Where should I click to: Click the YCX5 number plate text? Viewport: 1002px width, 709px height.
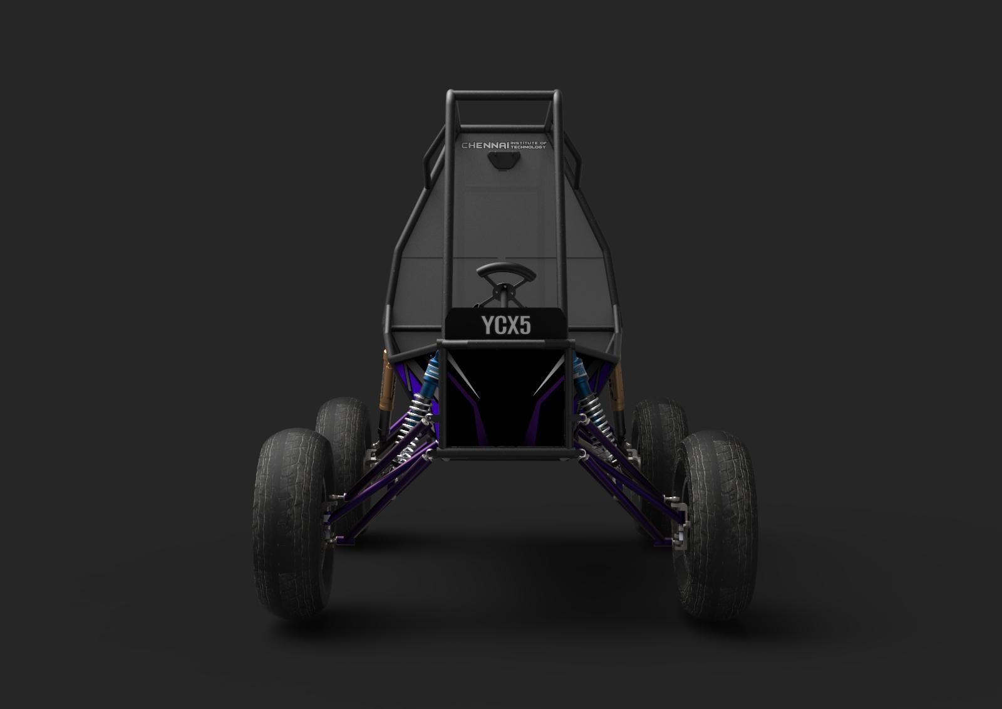(506, 325)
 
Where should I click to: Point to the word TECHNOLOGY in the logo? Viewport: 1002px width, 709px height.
(529, 147)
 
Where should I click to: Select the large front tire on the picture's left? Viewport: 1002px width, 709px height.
(293, 523)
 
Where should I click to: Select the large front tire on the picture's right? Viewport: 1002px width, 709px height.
(715, 524)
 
